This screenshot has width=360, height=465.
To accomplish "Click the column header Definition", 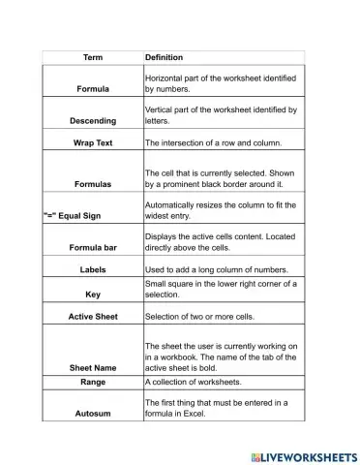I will pyautogui.click(x=165, y=57).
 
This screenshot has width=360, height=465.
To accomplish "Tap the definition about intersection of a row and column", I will pyautogui.click(x=213, y=142).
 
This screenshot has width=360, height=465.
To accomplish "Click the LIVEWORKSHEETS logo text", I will pyautogui.click(x=305, y=451).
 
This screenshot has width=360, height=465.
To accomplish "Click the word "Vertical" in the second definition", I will pyautogui.click(x=163, y=110).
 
